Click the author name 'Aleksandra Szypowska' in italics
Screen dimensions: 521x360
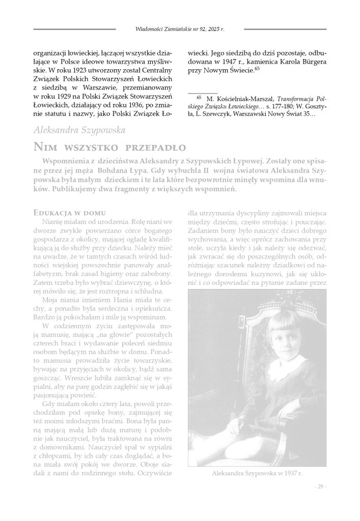(x=79, y=131)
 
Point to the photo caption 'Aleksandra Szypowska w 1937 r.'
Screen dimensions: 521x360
(x=257, y=473)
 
